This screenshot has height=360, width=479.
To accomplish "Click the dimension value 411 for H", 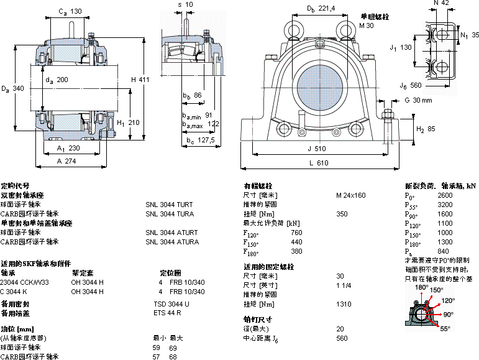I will coord(144,79).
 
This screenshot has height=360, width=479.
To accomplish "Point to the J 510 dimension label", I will coord(316,149).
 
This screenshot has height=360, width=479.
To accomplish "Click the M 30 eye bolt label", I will coord(367,25).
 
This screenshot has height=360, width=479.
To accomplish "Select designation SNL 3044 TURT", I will coord(169,205).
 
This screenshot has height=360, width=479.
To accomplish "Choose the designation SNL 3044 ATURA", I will coord(172,242).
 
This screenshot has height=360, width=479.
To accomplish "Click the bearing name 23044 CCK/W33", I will coord(25,282).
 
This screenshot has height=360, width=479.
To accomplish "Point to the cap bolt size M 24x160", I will coord(351,195).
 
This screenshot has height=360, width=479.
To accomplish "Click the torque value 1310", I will coord(343,304).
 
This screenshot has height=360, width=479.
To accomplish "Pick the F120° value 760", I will coord(296,233).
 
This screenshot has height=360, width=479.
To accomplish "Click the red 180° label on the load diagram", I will coord(422,288).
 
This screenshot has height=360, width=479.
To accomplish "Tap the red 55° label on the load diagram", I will coord(445,328).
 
